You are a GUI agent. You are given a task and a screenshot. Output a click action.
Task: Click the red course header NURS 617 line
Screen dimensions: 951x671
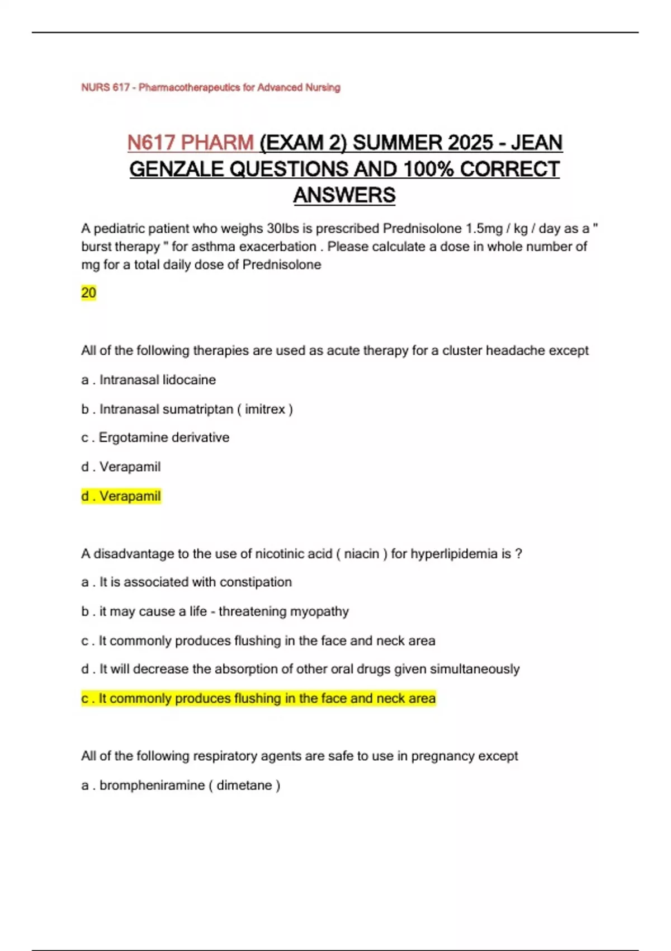pos(210,87)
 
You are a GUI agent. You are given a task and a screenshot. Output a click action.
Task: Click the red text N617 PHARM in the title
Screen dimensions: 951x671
pos(191,143)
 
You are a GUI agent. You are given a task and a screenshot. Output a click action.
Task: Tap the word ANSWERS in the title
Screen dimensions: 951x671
pos(344,195)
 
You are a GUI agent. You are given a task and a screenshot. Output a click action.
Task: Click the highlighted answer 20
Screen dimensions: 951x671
pos(88,293)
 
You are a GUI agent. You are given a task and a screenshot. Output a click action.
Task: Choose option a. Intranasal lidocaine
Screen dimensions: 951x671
pos(148,380)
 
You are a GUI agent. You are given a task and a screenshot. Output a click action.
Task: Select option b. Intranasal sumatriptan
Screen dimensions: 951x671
pos(187,409)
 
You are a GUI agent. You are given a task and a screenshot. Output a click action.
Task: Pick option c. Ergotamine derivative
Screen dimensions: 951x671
pos(155,437)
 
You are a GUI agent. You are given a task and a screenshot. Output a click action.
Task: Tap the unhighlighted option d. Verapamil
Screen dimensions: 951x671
pos(121,467)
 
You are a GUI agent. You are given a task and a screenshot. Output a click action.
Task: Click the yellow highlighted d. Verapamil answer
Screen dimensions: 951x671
pos(121,496)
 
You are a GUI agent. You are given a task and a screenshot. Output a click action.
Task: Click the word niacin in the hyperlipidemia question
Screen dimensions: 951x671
pos(361,554)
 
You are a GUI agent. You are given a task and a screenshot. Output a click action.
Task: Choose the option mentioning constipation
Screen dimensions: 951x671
pos(186,582)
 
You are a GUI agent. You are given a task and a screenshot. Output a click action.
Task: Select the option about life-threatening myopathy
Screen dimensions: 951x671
pos(215,611)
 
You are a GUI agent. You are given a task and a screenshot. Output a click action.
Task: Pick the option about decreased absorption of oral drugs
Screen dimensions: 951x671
pos(300,669)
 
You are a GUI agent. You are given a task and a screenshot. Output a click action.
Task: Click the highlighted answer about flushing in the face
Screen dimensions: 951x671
pos(258,699)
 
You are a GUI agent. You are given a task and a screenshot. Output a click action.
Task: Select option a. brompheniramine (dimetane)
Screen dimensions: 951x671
pos(181,785)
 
